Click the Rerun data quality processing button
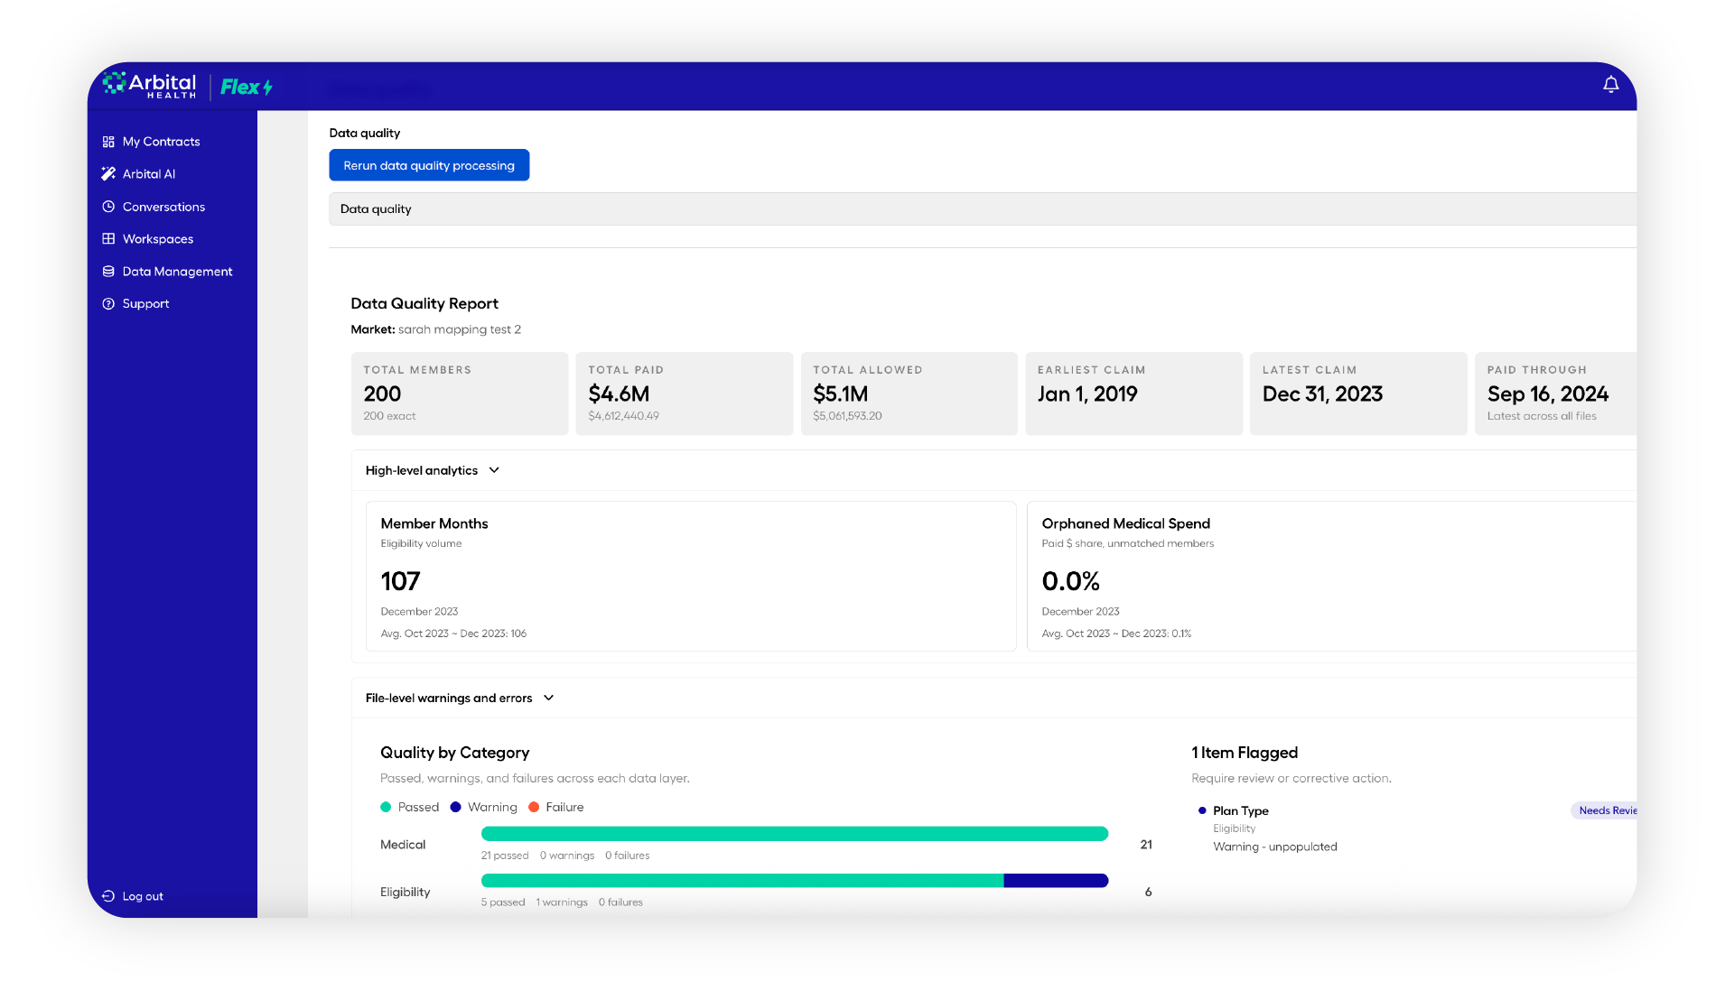(429, 165)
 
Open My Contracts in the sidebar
(161, 142)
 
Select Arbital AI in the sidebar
(148, 174)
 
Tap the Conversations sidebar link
(163, 207)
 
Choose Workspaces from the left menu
(157, 239)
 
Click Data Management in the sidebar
(177, 272)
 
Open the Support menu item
(145, 304)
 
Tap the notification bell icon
(1610, 84)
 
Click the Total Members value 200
(382, 394)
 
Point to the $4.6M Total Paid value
(619, 394)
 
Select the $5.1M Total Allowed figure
(840, 394)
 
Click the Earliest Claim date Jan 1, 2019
(1087, 394)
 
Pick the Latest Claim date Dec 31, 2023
(1322, 394)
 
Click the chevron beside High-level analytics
(494, 470)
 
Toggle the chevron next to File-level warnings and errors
(548, 698)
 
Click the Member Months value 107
(400, 581)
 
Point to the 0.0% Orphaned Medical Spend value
(1070, 581)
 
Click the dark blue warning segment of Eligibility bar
(1056, 881)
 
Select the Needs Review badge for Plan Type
(1604, 810)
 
